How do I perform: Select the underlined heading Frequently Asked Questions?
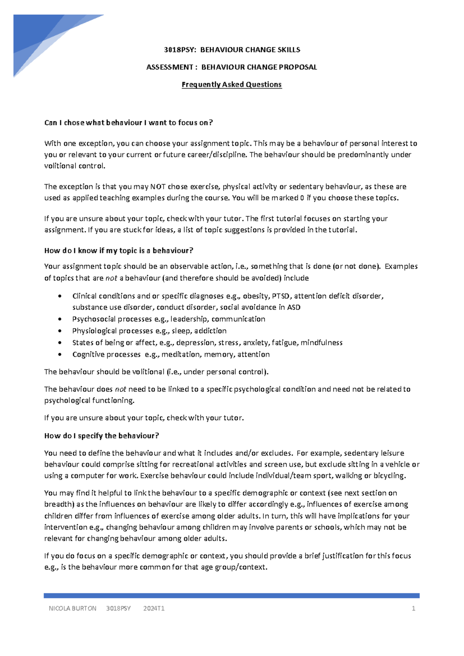[232, 84]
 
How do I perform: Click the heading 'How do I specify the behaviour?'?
[102, 436]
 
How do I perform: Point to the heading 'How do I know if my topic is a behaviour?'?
[119, 250]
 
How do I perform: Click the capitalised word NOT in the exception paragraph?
[158, 186]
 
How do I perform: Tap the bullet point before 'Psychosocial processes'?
[59, 319]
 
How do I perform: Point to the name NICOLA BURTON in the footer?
[72, 608]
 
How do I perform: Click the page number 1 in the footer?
[413, 608]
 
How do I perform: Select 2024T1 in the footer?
[154, 608]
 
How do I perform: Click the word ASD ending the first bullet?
[293, 307]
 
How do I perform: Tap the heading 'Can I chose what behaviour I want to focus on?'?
[128, 123]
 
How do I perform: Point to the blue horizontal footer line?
[232, 596]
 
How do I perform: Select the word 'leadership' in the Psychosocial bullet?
[189, 319]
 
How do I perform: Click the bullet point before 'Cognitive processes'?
[59, 354]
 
